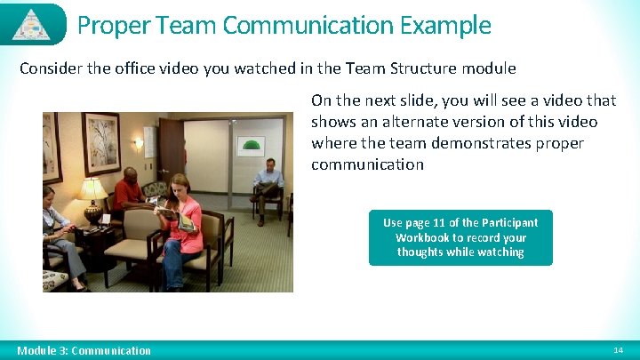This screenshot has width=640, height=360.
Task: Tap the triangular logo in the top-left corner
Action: coord(32,24)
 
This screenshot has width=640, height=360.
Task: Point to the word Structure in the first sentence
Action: coord(418,68)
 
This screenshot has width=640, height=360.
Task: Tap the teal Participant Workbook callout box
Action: coord(460,237)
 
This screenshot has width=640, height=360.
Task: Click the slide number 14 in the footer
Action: coord(619,351)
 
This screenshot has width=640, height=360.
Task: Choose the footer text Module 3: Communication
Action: coord(84,351)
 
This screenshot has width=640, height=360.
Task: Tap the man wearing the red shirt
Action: coord(130,190)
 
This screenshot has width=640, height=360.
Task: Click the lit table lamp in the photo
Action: coord(92,190)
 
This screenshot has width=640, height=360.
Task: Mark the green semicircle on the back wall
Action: coord(252,144)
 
